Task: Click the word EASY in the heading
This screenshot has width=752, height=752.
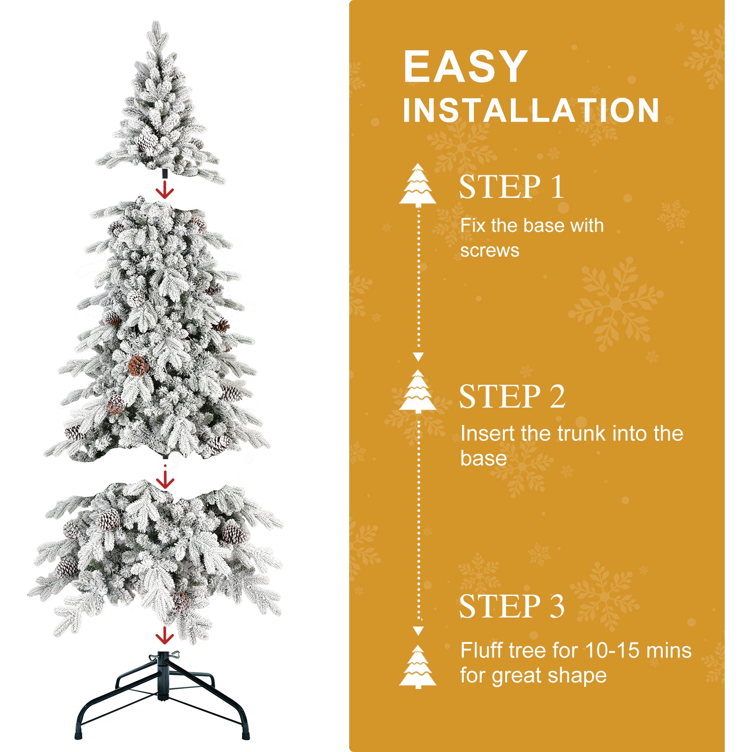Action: coord(465,67)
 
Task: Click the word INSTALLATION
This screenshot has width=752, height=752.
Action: coord(531,111)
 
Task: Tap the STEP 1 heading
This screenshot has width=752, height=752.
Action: coord(511,187)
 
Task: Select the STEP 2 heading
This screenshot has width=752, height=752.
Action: coord(512,397)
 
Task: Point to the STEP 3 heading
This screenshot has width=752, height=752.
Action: coord(511,606)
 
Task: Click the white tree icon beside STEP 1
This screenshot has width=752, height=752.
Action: coord(418,186)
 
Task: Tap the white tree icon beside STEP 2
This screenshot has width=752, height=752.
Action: coord(418,392)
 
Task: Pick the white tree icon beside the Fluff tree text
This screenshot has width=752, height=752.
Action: coord(418,667)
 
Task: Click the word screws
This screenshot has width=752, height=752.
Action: coord(490,251)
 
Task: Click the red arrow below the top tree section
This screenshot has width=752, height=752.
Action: coord(165,191)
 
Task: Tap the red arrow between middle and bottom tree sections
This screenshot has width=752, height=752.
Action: coord(165,480)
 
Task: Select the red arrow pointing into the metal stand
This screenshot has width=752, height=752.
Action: coord(164,635)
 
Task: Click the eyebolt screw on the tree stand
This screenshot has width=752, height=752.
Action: coord(174,654)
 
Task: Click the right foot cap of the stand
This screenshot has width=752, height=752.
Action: coord(245,734)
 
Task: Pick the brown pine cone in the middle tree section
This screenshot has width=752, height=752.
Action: coord(138,365)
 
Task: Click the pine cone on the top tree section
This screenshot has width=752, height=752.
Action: coord(146,141)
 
